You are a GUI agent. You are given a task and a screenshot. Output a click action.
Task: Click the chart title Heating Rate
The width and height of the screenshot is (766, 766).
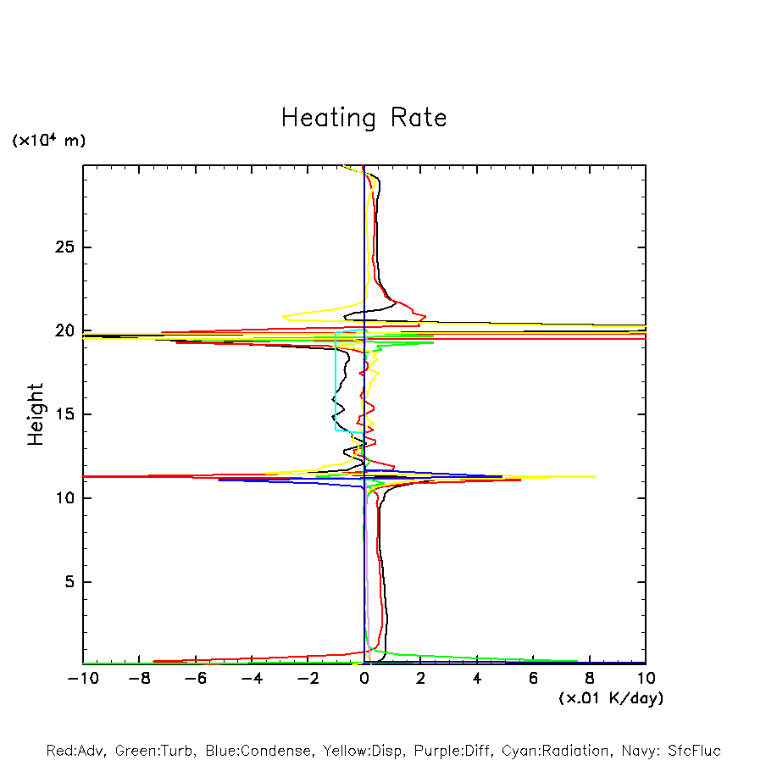[364, 118]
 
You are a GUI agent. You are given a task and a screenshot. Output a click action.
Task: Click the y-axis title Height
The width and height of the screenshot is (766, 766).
[36, 414]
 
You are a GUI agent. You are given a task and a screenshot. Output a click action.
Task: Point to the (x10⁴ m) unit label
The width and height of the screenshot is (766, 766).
[48, 141]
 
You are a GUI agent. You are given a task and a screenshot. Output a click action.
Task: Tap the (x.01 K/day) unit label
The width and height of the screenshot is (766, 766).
[610, 698]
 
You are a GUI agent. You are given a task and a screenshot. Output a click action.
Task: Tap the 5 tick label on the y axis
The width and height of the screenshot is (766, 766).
[69, 582]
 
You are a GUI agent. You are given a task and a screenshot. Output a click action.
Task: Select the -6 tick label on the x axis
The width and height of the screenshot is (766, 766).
[194, 679]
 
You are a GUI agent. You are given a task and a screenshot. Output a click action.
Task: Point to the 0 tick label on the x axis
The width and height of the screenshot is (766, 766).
[364, 679]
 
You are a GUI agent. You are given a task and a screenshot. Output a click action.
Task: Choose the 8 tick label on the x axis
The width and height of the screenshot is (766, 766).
[590, 679]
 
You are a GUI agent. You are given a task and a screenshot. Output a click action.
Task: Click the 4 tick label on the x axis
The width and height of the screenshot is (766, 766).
[477, 679]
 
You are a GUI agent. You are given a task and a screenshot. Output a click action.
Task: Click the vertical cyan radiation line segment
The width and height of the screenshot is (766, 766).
[336, 381]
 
